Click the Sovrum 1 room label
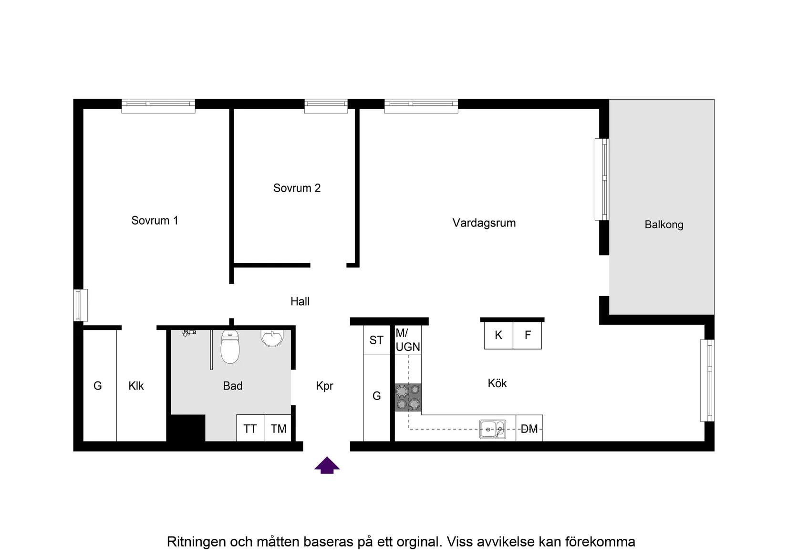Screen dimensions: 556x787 (155, 221)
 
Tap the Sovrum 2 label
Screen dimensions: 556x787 (297, 188)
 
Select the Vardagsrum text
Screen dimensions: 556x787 (484, 223)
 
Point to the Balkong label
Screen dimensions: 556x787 (663, 225)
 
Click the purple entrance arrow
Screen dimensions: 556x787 (327, 465)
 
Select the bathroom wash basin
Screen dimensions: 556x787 (272, 338)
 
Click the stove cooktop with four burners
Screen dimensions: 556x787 (408, 398)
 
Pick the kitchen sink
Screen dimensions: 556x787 (492, 429)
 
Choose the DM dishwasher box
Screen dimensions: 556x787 (529, 429)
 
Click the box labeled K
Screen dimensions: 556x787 (498, 336)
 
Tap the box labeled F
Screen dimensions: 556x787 (528, 336)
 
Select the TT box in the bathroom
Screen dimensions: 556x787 (250, 429)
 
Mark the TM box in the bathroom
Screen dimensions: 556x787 (278, 429)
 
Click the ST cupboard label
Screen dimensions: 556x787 (376, 340)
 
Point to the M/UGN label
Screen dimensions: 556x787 (408, 340)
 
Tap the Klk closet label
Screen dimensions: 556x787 (136, 386)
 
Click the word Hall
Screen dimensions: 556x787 (300, 302)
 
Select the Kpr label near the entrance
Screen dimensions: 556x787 (324, 386)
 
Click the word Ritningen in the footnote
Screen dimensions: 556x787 (196, 542)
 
